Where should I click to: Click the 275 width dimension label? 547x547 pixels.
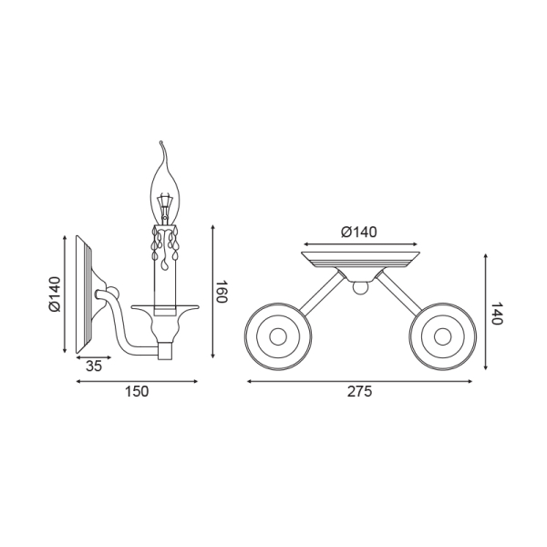(359, 391)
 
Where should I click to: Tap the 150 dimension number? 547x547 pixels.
(137, 391)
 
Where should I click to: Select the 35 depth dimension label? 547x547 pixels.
(94, 366)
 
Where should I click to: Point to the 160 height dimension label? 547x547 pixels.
(222, 291)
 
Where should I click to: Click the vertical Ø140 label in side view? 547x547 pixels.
(55, 294)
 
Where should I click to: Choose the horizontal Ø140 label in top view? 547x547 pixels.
(359, 232)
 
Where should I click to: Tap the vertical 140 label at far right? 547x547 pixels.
(496, 313)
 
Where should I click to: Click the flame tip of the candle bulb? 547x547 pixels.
(160, 142)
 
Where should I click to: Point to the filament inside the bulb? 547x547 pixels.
(164, 208)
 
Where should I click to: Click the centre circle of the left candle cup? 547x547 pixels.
(278, 336)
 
